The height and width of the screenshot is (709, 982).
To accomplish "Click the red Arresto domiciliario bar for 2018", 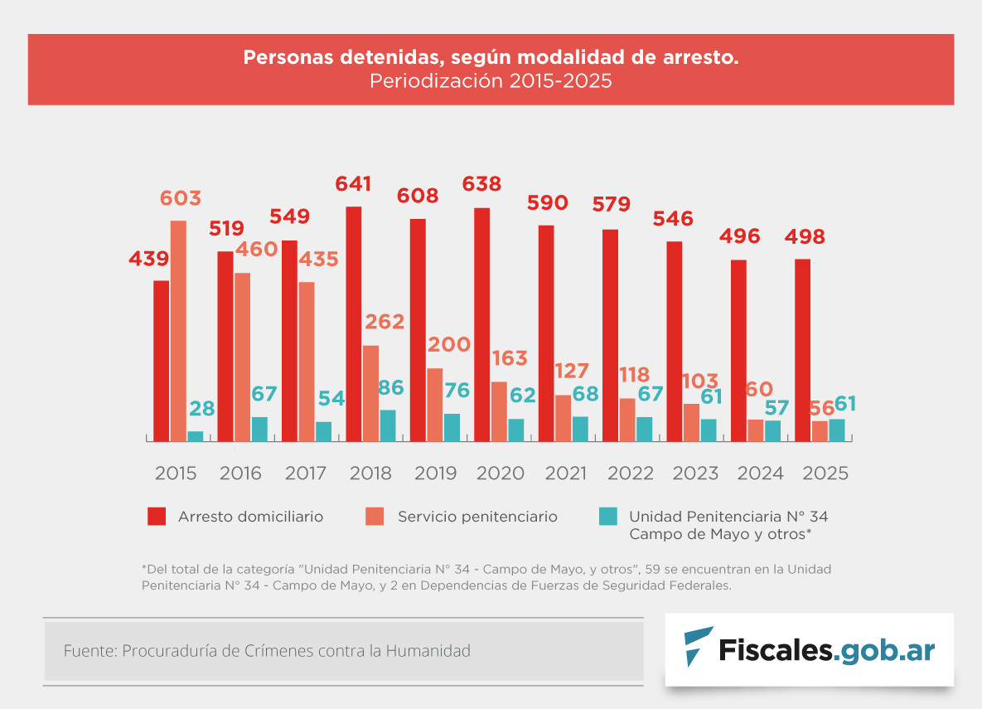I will point(354,323).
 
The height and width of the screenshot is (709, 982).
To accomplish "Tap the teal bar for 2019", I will point(452,427).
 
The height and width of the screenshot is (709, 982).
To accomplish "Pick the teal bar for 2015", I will point(196,436).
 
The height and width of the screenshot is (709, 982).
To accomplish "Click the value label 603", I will point(180,199).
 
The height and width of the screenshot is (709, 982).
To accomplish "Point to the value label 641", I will point(352,184).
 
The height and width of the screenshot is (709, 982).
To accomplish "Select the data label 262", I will point(384,322).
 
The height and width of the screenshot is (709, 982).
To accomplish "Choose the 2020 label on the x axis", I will point(500,473).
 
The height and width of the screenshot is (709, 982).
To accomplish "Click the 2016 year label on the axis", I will point(240,473).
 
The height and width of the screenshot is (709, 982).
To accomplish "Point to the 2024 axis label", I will point(760,473).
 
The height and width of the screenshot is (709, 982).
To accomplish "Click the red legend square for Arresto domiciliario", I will point(157,516).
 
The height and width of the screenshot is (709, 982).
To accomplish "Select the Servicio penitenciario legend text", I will point(477,517).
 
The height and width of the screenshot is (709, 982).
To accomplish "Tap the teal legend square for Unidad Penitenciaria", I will point(607,516).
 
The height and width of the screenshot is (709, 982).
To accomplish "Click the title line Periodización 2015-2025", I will point(491,82).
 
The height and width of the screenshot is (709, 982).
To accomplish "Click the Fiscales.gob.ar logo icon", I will point(698,647).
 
